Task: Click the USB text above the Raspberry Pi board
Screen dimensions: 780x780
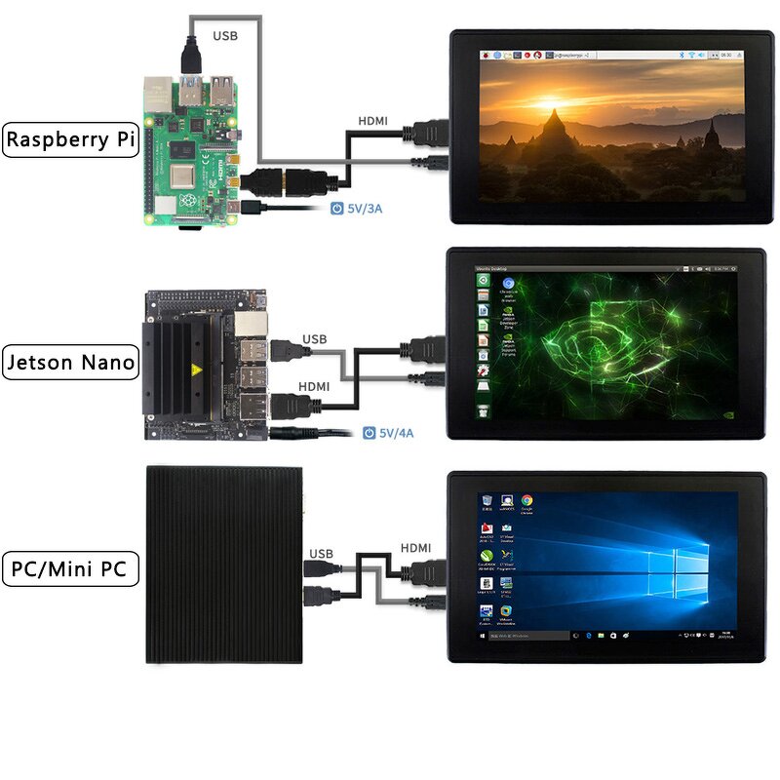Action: (x=223, y=36)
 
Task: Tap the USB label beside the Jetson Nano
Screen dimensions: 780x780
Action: (x=315, y=340)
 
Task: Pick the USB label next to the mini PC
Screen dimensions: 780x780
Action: (x=321, y=554)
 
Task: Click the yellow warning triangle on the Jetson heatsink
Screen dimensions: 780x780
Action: (x=196, y=370)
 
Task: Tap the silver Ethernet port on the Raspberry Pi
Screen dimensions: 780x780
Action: (x=156, y=97)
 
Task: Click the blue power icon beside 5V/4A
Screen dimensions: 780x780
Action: (x=369, y=432)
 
